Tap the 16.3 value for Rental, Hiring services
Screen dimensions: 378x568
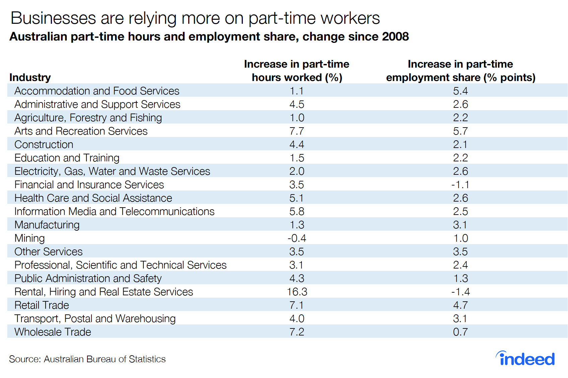coord(297,292)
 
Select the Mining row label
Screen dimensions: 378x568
coord(29,238)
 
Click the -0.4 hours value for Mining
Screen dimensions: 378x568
coord(297,238)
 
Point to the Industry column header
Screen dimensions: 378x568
coord(30,78)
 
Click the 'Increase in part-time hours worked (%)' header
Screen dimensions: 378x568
coord(297,71)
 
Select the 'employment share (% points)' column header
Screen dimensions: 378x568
coord(460,71)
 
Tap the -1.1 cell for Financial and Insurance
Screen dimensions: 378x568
coord(460,185)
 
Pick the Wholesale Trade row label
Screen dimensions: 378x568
coord(53,332)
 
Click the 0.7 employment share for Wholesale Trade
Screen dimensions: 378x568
coord(460,332)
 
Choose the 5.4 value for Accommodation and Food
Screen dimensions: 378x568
coord(460,91)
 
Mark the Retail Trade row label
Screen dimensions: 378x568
coord(42,305)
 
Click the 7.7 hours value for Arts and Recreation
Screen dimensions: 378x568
coord(297,131)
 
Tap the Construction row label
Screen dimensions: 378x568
coord(44,145)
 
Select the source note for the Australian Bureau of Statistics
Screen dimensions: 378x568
coord(87,359)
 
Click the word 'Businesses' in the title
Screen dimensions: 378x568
coord(53,18)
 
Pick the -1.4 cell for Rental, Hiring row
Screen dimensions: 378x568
coord(460,292)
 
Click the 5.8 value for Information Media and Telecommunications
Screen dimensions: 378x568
coord(297,212)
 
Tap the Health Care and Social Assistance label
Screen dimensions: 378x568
coord(93,198)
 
